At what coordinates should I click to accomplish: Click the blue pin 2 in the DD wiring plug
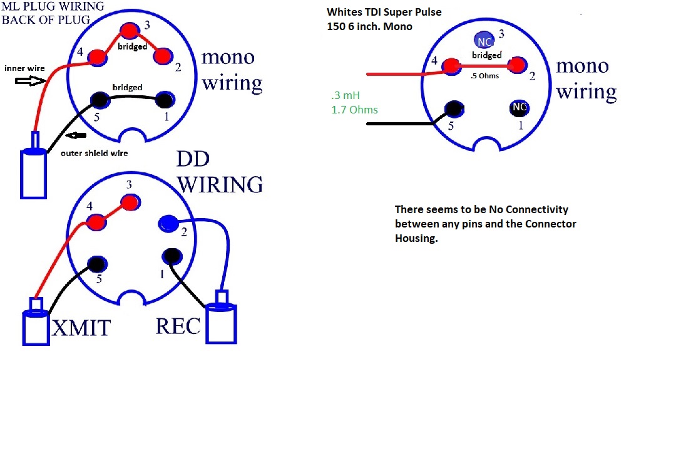point(168,224)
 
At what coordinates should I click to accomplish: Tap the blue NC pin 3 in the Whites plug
point(484,41)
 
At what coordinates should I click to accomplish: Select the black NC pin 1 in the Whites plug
point(519,107)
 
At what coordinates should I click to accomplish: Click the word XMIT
point(81,328)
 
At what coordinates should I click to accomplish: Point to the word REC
point(178,326)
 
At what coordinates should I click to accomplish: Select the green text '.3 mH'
point(346,95)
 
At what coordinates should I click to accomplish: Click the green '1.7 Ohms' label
point(354,110)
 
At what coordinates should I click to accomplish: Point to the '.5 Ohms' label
point(484,76)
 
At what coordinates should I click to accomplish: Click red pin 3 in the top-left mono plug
point(130,31)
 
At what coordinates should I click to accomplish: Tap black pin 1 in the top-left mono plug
point(165,100)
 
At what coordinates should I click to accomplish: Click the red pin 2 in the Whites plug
point(516,65)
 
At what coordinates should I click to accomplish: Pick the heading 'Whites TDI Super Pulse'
point(384,12)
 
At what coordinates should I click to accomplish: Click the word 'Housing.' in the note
point(416,238)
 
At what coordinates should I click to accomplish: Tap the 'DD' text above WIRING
point(193,159)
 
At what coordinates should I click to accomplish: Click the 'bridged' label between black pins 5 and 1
point(127,87)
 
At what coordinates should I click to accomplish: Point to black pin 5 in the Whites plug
point(454,108)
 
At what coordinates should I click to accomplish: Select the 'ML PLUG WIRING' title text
point(53,6)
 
